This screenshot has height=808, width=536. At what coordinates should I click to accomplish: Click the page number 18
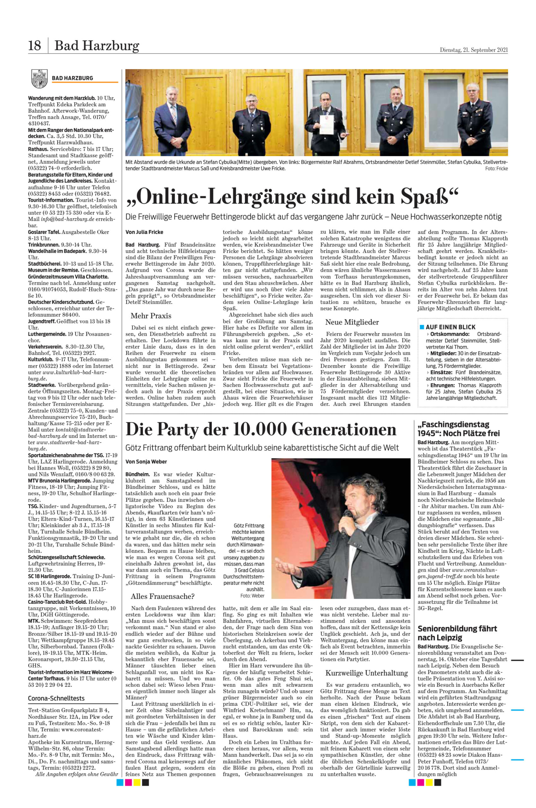point(34,46)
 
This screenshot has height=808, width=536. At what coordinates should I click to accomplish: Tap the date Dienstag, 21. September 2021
point(473,50)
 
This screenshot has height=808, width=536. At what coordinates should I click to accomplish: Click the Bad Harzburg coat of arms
point(39,78)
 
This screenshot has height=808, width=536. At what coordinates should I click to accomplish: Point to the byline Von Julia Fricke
point(144,232)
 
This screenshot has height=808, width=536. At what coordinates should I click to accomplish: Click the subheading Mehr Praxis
point(151,316)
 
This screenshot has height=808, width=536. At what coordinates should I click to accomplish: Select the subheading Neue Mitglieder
point(352,322)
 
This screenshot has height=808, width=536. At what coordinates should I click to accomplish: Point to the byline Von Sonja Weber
point(146,462)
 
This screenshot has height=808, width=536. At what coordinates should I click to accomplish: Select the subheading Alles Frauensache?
point(162,597)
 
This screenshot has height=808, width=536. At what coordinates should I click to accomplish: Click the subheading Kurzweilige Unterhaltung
point(366,673)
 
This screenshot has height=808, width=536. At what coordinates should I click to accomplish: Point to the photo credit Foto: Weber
point(252,596)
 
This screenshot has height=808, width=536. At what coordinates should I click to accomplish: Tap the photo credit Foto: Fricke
point(496,169)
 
